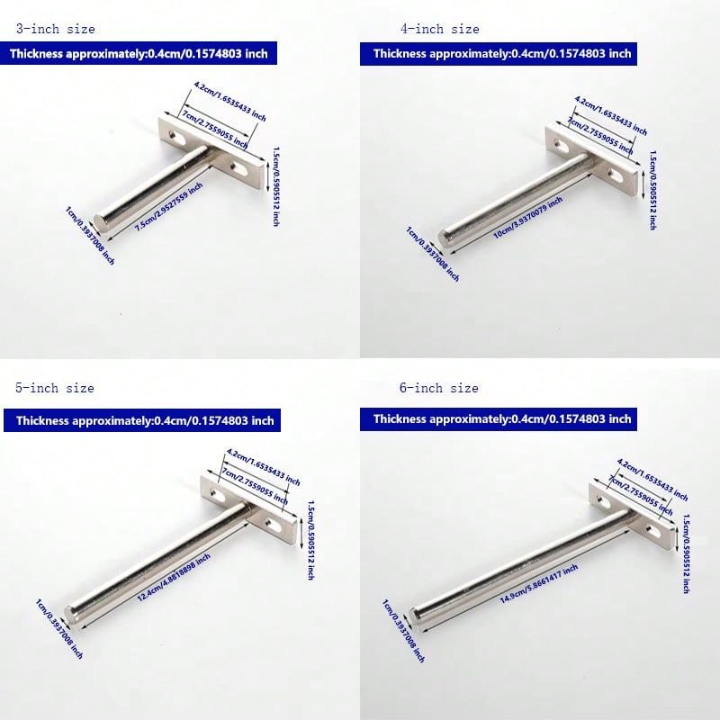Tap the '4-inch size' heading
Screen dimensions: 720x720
[440, 29]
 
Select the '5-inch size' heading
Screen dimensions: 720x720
[54, 388]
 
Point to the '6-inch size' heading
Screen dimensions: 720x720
[439, 388]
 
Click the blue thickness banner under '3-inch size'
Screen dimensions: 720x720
[139, 54]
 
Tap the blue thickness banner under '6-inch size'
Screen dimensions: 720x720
[502, 418]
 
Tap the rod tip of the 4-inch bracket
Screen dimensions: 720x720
[443, 233]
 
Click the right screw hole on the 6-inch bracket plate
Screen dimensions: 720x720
[652, 526]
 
